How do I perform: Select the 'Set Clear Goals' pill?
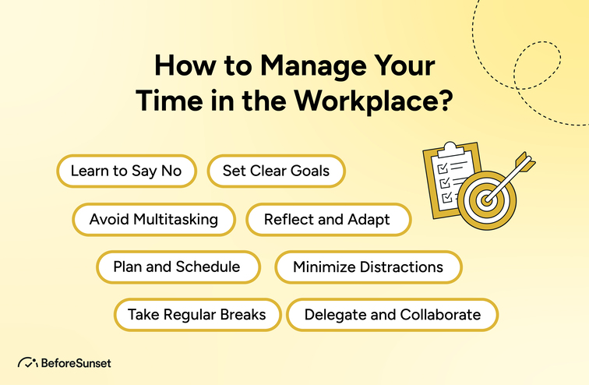point(276,171)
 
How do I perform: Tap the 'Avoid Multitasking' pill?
point(153,219)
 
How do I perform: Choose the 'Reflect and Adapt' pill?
point(327,219)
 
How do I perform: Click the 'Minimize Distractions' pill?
point(368,267)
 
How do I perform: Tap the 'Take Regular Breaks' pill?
point(197,315)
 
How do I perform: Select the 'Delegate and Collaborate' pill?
point(392,315)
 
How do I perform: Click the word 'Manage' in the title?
point(299,65)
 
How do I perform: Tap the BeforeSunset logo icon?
point(27,362)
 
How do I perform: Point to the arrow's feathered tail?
point(526,163)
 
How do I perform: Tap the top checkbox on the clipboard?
point(441,168)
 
